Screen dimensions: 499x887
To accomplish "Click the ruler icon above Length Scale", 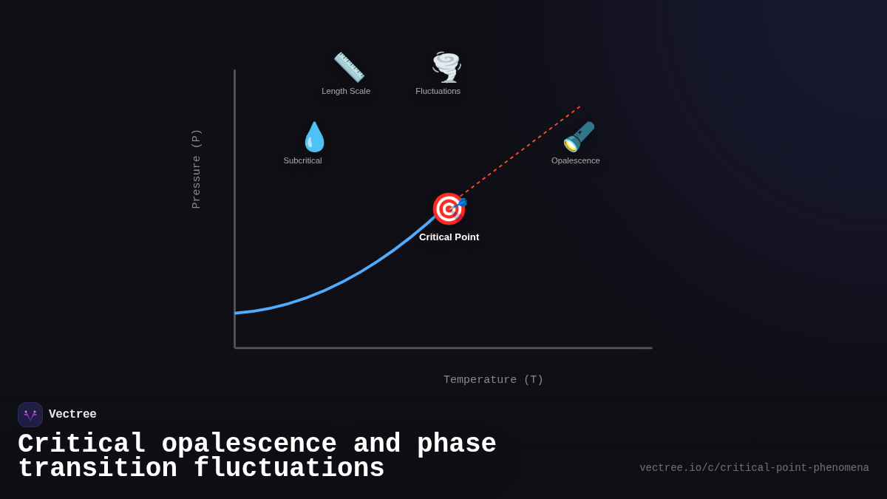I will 349,67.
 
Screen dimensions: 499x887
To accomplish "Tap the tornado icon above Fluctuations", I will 446,67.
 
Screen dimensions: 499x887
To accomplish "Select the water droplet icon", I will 314,137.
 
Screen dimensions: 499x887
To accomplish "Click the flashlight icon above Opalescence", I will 579,137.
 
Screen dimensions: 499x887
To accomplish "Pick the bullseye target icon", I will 449,208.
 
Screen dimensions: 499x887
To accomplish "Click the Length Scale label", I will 346,91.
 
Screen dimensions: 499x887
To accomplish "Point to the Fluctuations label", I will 438,91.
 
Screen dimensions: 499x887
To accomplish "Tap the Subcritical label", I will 302,160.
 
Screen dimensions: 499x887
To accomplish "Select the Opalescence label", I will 575,160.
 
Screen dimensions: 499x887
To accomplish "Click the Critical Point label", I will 449,237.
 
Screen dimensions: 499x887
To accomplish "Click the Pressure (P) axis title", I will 196,169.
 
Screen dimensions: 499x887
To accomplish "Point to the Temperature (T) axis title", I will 493,380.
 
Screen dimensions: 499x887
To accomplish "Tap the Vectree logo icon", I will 30,415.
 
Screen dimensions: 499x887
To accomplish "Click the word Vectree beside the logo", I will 72,415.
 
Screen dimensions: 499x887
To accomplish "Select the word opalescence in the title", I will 249,444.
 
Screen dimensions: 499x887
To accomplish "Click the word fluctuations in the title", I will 289,469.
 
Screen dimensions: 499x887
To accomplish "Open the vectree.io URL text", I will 754,468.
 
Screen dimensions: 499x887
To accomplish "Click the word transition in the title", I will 98,469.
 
